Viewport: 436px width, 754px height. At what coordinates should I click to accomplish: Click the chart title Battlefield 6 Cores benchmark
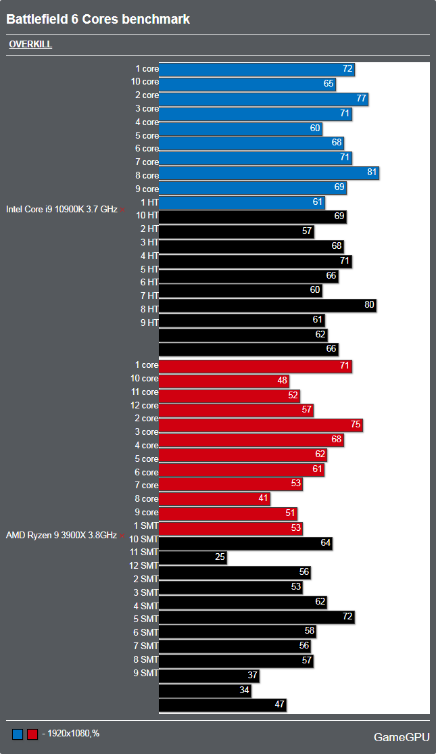[98, 20]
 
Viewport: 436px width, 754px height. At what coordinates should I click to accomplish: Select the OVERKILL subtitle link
[30, 45]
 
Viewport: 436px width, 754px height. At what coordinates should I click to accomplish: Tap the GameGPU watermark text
[402, 736]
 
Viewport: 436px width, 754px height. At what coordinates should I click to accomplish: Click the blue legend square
[18, 734]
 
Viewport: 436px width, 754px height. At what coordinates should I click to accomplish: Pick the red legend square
[32, 734]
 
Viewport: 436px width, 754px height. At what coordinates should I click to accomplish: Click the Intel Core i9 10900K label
[62, 210]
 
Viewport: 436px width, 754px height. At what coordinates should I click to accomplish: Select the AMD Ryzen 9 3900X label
[62, 535]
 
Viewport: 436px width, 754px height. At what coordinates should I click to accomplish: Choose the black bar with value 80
[267, 305]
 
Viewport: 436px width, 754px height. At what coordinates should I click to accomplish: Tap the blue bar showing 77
[263, 99]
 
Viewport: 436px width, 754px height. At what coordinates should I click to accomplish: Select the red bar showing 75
[260, 425]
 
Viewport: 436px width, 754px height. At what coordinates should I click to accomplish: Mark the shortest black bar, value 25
[193, 557]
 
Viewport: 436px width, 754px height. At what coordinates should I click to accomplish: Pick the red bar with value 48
[224, 381]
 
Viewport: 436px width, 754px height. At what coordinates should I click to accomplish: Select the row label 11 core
[145, 392]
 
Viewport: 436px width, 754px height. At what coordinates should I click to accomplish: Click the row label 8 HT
[149, 309]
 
